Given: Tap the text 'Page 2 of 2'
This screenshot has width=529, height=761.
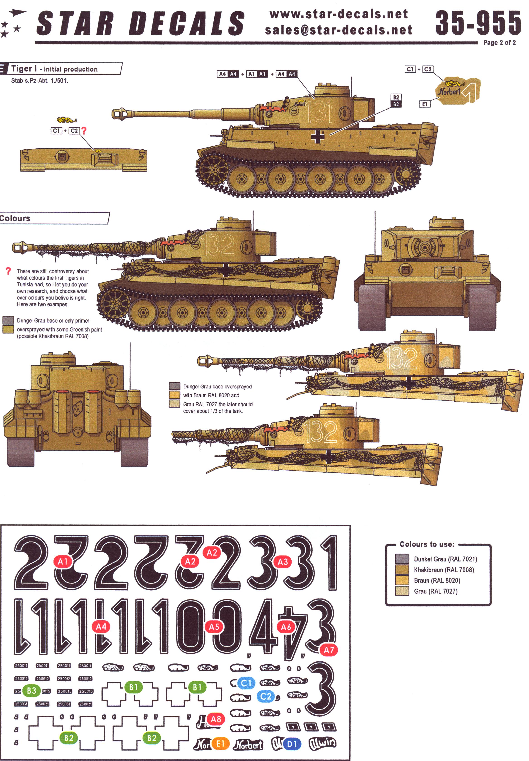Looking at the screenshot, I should click(499, 43).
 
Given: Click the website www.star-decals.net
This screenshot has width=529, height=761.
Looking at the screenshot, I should click(339, 14).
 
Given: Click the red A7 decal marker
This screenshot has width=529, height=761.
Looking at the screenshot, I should click(329, 650).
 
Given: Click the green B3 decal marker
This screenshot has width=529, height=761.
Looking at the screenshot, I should click(31, 691).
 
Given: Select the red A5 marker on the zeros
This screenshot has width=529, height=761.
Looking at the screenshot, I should click(214, 627).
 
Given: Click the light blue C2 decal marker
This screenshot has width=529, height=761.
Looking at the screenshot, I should click(266, 696).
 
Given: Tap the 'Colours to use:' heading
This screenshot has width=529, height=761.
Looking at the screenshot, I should click(427, 544).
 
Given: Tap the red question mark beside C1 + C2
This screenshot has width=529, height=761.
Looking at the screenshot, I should click(84, 131).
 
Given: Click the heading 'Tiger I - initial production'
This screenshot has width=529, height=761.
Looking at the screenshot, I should click(55, 69).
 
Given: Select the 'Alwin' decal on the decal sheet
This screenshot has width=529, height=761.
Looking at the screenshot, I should click(322, 744).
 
